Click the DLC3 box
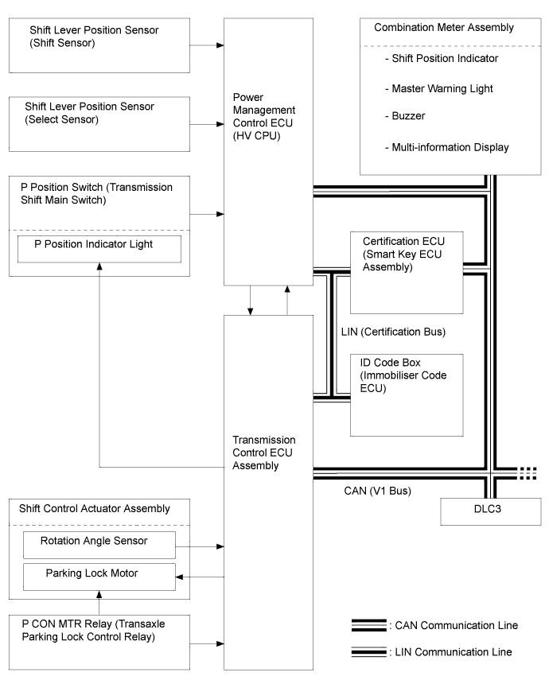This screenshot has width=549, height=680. tap(490, 511)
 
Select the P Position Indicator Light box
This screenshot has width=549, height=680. tap(99, 249)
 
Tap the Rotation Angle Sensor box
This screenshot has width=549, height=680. tap(99, 545)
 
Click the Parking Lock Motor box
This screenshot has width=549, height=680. tap(99, 577)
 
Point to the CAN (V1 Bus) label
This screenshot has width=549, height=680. tap(378, 491)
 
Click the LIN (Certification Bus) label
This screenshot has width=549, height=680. tap(393, 332)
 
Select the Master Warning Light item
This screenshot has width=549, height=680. tap(438, 88)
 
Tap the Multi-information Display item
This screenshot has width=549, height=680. tap(446, 147)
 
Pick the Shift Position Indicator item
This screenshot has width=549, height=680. tap(442, 58)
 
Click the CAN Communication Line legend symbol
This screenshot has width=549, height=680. tap(369, 625)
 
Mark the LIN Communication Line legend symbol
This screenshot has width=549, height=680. tap(369, 652)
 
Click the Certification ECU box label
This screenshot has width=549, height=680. tap(403, 255)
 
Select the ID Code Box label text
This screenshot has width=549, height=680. tap(403, 375)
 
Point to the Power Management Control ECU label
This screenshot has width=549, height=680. tap(264, 116)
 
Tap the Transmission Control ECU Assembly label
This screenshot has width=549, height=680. tap(264, 453)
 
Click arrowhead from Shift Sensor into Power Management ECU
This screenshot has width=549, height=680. tap(220, 45)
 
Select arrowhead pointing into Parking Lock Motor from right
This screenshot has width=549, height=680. tap(179, 577)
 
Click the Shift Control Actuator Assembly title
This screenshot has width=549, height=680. tap(94, 509)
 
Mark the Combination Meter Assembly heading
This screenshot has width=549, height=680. tap(443, 27)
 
